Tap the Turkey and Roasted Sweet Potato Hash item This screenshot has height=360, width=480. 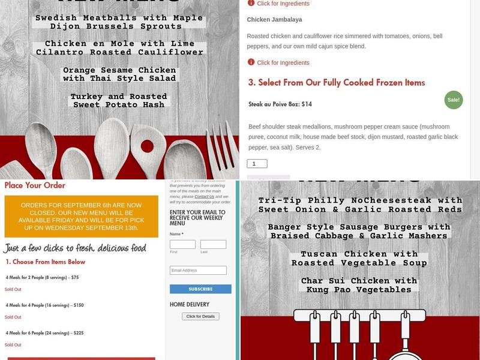(119, 101)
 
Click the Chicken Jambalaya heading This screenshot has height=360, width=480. (274, 20)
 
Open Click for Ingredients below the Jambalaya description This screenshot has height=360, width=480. (283, 63)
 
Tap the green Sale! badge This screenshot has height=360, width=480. (453, 100)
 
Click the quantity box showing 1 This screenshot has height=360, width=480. (257, 164)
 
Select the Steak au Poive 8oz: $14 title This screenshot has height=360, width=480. (280, 104)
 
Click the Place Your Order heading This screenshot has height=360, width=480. (35, 186)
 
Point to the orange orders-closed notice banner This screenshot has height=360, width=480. (81, 217)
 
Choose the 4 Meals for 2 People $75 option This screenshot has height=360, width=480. (42, 278)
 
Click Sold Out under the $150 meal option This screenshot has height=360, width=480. (13, 317)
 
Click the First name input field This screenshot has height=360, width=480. (182, 244)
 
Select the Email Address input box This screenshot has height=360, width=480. (198, 271)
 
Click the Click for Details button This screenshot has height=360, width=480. (200, 316)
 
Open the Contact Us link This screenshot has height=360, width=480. (204, 197)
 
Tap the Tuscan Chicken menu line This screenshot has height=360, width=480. (359, 259)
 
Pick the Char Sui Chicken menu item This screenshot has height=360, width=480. (359, 285)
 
